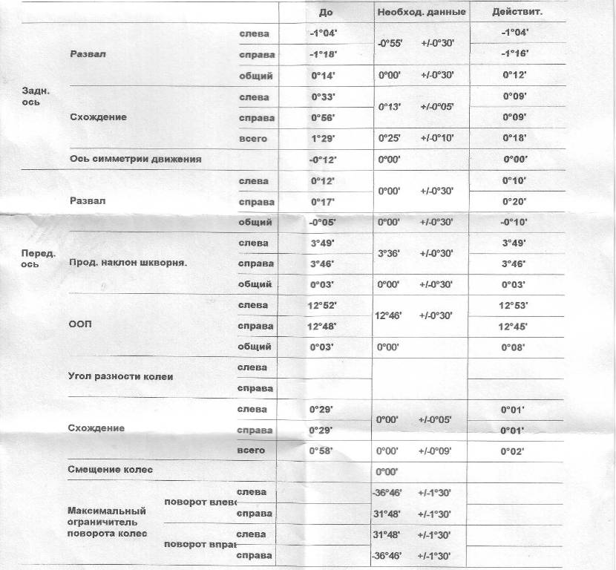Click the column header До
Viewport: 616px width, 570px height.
tap(326, 13)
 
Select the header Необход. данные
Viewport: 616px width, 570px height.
tap(422, 13)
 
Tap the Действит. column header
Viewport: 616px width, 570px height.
tap(517, 13)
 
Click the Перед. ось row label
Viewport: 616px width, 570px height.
tap(39, 258)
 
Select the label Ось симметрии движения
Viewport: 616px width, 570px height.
tap(135, 159)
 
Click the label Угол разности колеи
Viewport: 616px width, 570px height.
tap(120, 377)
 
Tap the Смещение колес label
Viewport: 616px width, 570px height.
tap(115, 470)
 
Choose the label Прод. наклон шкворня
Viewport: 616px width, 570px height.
tap(128, 263)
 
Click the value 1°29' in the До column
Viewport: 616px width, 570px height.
tap(322, 139)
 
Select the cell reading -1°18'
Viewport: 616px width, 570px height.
tap(322, 55)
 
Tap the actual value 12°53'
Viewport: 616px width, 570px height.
tap(513, 305)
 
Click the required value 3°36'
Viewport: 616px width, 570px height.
tap(390, 253)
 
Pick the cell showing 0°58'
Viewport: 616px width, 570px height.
tap(322, 451)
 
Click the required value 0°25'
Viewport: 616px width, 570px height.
tap(390, 139)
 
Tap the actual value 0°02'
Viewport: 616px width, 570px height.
tap(513, 451)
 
